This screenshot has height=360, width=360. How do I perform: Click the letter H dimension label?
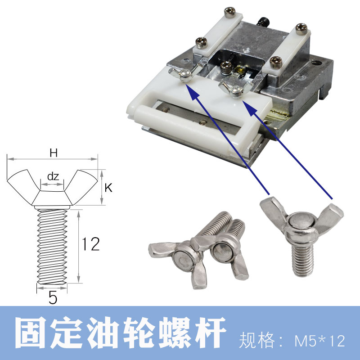click(x=54, y=153)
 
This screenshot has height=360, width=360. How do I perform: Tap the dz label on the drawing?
click(x=53, y=176)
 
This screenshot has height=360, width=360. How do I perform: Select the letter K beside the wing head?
click(x=108, y=188)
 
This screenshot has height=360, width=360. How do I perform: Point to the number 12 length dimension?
click(x=91, y=244)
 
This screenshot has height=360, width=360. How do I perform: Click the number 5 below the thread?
click(x=53, y=298)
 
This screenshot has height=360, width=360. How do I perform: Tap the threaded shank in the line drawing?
click(x=52, y=247)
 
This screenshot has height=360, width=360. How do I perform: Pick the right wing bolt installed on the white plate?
click(x=236, y=89)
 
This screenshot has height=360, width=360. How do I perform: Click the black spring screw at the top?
click(x=264, y=21)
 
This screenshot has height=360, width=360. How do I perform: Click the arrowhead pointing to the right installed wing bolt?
click(x=250, y=108)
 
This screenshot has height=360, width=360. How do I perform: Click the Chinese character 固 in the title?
click(x=31, y=333)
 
